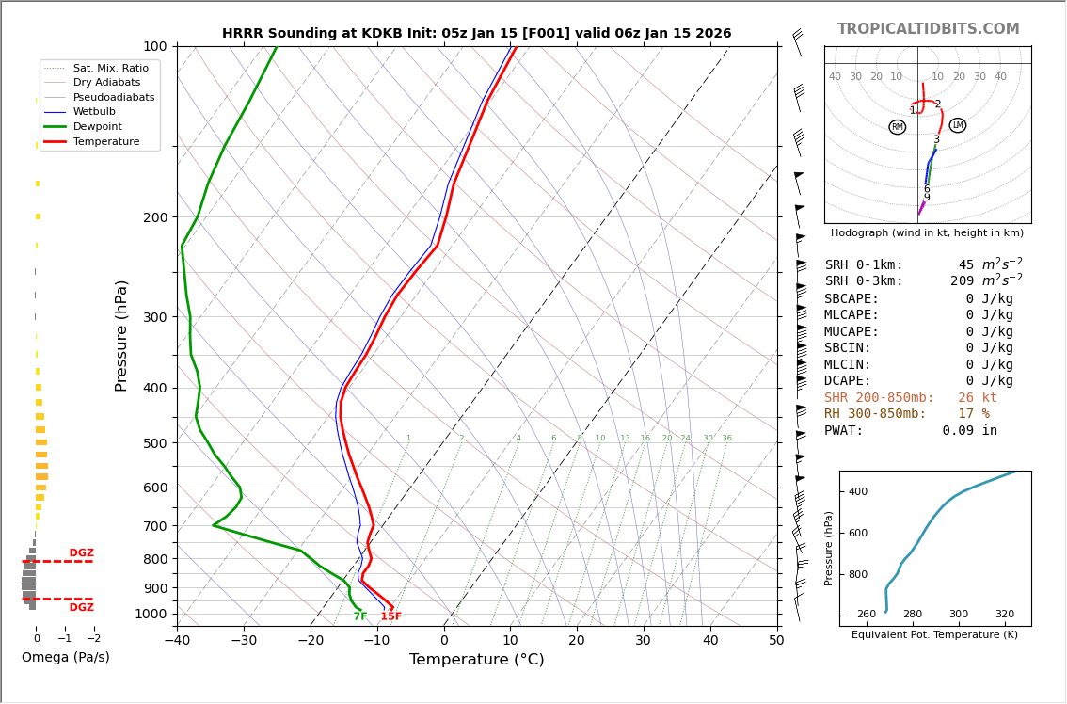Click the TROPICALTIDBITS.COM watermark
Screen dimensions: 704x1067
pos(928,29)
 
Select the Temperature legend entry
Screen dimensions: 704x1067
pos(105,141)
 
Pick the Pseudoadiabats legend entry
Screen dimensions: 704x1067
pos(113,97)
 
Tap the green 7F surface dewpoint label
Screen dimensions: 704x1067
pos(360,616)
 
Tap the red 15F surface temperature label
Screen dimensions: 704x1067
pos(390,616)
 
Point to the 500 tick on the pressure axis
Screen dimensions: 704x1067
pos(154,443)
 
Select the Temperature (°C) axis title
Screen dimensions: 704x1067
pos(476,660)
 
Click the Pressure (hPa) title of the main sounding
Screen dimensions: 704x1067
pos(121,335)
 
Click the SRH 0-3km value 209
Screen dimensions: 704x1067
pos(962,281)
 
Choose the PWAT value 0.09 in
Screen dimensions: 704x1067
pos(969,431)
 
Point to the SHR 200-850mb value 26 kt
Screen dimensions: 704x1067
pos(977,398)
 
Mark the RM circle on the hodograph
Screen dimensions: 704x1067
pos(897,127)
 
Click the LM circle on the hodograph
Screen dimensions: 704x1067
pos(958,125)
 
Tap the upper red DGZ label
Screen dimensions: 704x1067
pos(81,553)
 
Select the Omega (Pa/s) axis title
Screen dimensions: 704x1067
pos(65,657)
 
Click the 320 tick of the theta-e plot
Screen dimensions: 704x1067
pos(1004,615)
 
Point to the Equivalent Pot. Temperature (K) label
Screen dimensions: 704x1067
pos(934,634)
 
